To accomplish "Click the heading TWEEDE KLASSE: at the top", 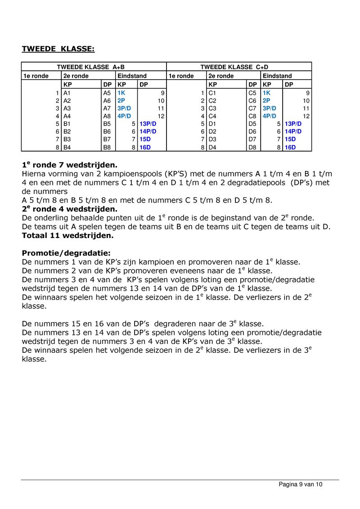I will (x=58, y=48).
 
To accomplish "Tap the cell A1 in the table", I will (x=67, y=92).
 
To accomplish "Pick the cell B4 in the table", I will (x=67, y=147).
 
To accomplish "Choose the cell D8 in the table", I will (x=252, y=147).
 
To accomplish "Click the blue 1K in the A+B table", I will (x=121, y=92).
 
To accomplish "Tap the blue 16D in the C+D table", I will (x=290, y=147).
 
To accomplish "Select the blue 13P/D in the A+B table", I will (x=148, y=123).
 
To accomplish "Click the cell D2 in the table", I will (x=212, y=131).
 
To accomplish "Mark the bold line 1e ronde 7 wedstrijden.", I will (x=72, y=166).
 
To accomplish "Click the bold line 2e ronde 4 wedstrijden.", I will (x=69, y=209).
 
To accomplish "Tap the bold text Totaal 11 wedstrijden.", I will (x=67, y=235).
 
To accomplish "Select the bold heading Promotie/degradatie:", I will (x=66, y=253).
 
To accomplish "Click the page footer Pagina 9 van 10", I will (x=301, y=484).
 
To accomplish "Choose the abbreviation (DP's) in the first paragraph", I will (x=294, y=183).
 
